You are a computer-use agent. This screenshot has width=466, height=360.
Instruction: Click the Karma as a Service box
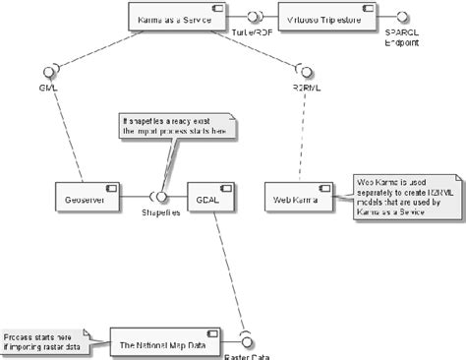[176, 17]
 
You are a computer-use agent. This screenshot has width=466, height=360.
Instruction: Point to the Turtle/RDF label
[252, 32]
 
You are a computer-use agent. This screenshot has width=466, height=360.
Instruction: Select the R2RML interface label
[305, 87]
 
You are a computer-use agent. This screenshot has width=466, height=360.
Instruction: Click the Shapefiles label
[159, 213]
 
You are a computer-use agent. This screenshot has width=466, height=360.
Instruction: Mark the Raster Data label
[247, 355]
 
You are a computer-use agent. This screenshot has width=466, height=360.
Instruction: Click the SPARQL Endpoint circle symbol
[401, 18]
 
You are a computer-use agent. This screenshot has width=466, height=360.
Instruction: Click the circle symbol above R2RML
[304, 70]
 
